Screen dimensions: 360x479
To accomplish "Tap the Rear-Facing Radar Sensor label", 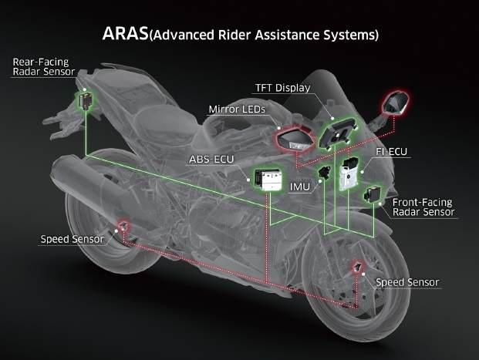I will point(43,66).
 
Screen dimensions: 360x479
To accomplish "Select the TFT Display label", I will point(282,88).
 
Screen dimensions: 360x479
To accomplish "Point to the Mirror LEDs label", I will point(236,110).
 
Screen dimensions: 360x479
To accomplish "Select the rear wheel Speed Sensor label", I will point(76,239).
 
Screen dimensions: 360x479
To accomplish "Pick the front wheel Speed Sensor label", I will point(407,281).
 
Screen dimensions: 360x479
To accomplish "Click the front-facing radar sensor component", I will point(376,197).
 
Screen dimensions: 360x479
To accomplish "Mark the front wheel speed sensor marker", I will point(359,267).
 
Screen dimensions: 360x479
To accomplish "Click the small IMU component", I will point(325,171).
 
